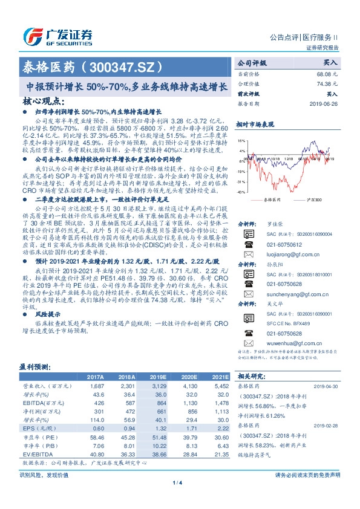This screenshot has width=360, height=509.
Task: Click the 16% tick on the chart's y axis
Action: pos(242,140)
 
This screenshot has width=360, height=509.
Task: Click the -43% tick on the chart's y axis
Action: pos(241,192)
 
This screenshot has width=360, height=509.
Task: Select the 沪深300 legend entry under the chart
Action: pos(316,199)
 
